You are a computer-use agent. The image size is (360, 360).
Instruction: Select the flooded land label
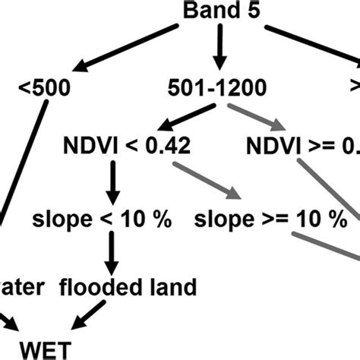(x=138, y=287)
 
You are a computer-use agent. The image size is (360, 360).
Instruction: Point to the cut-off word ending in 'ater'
(x=27, y=287)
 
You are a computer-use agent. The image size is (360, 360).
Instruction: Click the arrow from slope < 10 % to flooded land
(x=112, y=253)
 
